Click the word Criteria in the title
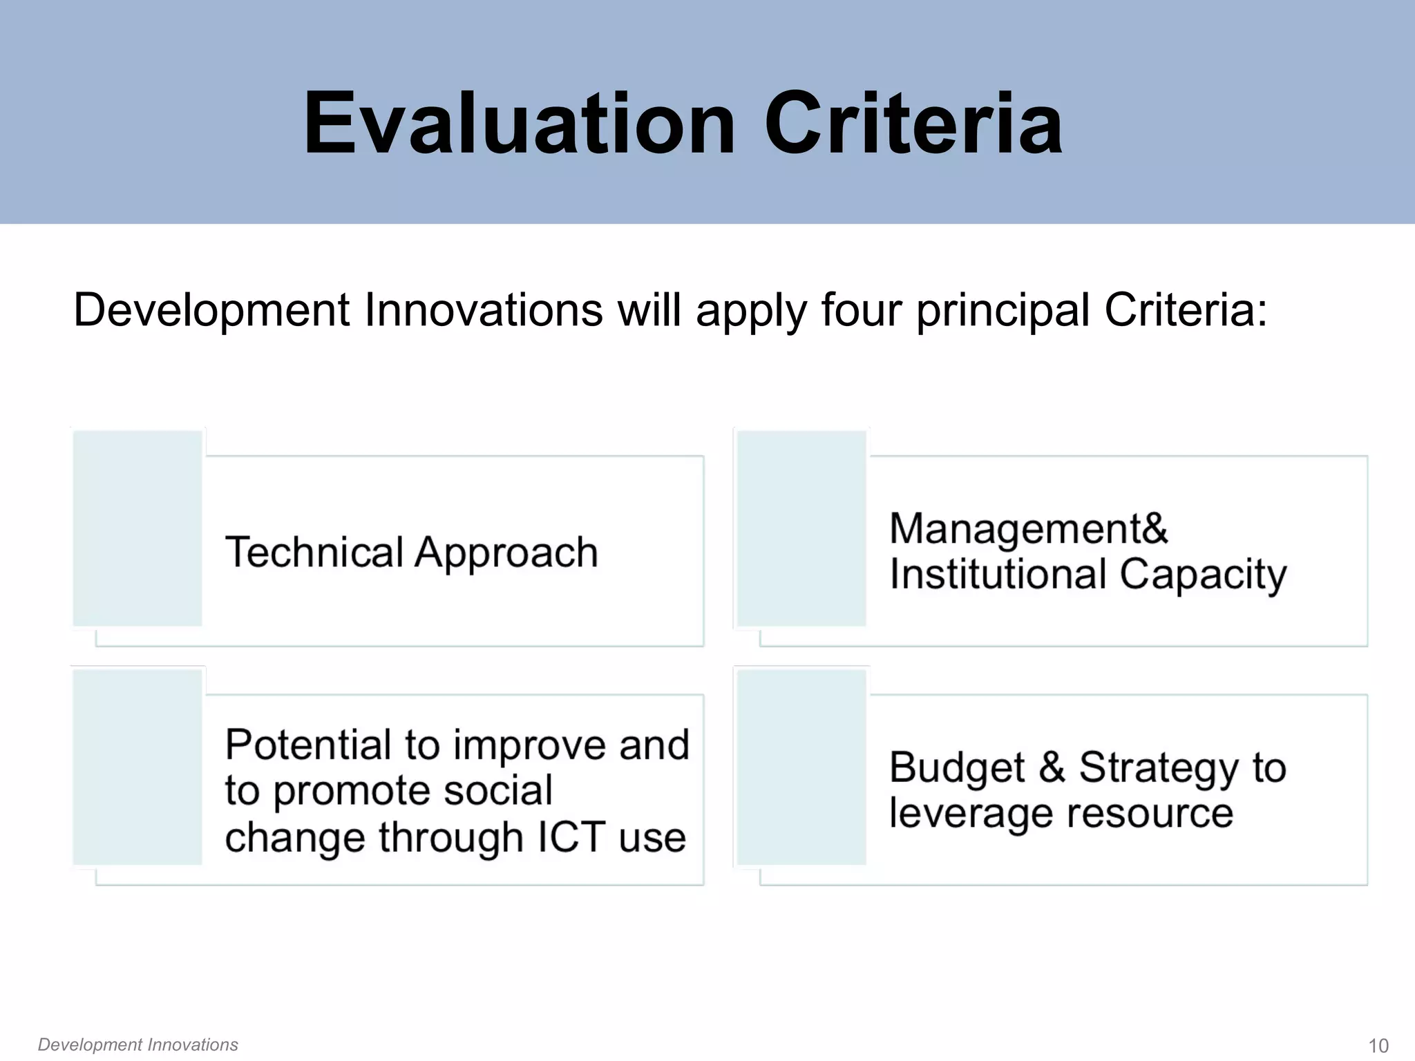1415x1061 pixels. tap(913, 124)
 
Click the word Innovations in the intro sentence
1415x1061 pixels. tap(483, 310)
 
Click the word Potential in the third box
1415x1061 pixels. tap(308, 745)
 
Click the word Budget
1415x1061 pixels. tap(956, 768)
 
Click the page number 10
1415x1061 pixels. tap(1378, 1046)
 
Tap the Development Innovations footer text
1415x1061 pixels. tap(138, 1044)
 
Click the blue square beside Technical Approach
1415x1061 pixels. tap(137, 528)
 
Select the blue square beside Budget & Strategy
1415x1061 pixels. tap(801, 767)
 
